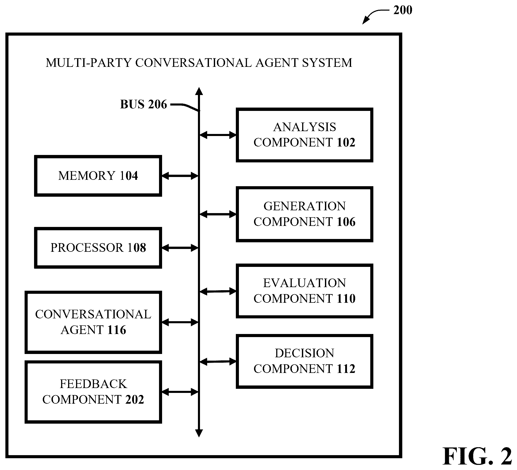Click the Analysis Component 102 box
click(x=304, y=135)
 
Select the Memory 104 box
click(x=98, y=176)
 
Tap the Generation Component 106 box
click(x=304, y=214)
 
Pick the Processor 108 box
click(x=98, y=248)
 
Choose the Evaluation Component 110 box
click(x=304, y=291)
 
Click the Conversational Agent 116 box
click(x=93, y=322)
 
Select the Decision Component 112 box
click(x=304, y=361)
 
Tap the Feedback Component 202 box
click(x=93, y=392)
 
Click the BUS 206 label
click(x=143, y=105)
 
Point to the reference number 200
click(x=403, y=10)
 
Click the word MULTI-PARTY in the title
click(x=89, y=63)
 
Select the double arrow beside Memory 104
click(x=180, y=176)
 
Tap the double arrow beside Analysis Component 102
click(x=218, y=135)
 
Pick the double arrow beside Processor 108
click(x=180, y=248)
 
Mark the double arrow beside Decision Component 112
click(x=218, y=362)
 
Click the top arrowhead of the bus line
click(x=199, y=91)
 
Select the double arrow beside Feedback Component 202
click(x=180, y=392)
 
